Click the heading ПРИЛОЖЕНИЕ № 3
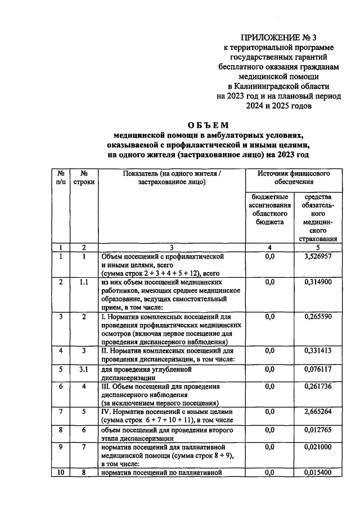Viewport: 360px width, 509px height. [x=278, y=38]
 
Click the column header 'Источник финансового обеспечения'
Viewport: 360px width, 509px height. [x=294, y=178]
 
